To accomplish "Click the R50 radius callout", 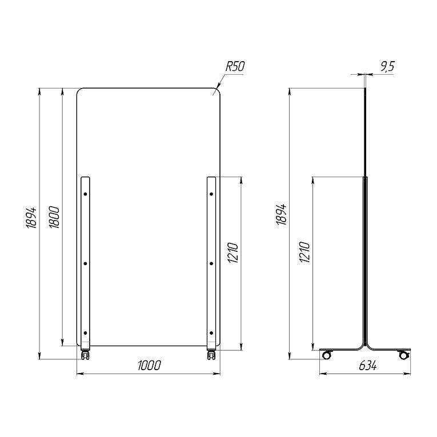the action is [x=235, y=67].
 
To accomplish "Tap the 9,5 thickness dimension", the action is [x=387, y=67].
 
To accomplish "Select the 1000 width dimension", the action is [x=150, y=366].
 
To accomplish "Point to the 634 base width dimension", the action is [x=368, y=366].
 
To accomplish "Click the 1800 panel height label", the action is [x=54, y=217].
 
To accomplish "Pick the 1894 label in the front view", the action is [x=31, y=218].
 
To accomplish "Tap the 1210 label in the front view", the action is [x=233, y=252].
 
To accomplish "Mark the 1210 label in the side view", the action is [x=304, y=252].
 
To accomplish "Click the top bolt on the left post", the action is [x=85, y=194].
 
